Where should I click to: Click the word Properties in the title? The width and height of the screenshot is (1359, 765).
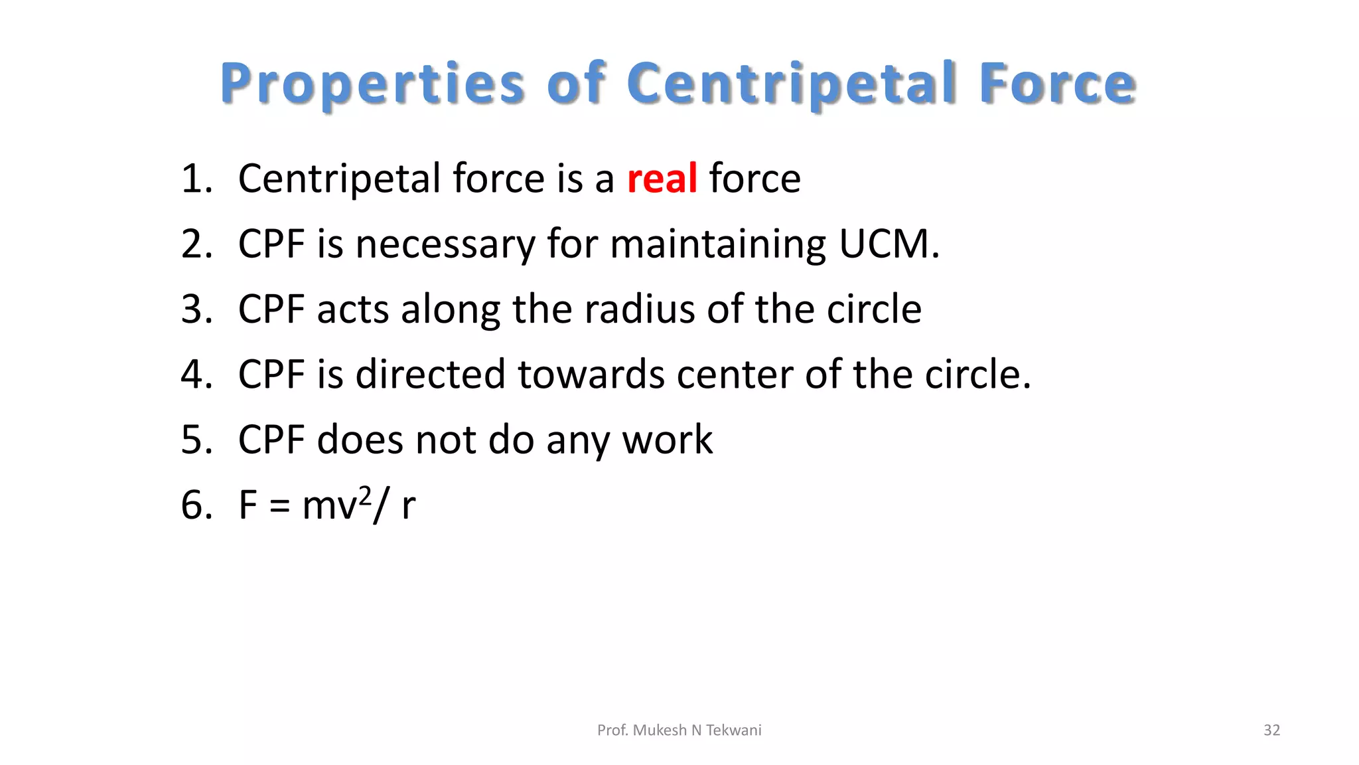(x=373, y=84)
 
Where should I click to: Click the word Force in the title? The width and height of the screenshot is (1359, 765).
(x=1057, y=84)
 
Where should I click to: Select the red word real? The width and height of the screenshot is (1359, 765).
(x=662, y=179)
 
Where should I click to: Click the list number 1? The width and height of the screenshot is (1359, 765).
(x=196, y=179)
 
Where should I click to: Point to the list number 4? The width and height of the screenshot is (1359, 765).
(x=196, y=375)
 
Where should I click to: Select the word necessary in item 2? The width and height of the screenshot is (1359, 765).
(x=445, y=244)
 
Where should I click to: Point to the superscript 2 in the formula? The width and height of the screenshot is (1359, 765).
(x=364, y=494)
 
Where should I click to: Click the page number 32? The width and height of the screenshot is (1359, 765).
(x=1271, y=730)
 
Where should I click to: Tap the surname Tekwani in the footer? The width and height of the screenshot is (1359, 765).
(x=733, y=730)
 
